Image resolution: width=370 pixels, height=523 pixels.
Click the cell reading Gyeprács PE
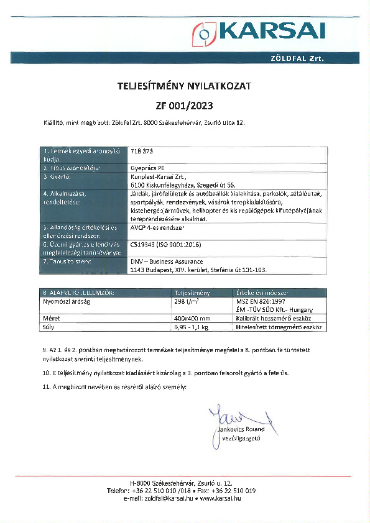coord(148,168)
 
